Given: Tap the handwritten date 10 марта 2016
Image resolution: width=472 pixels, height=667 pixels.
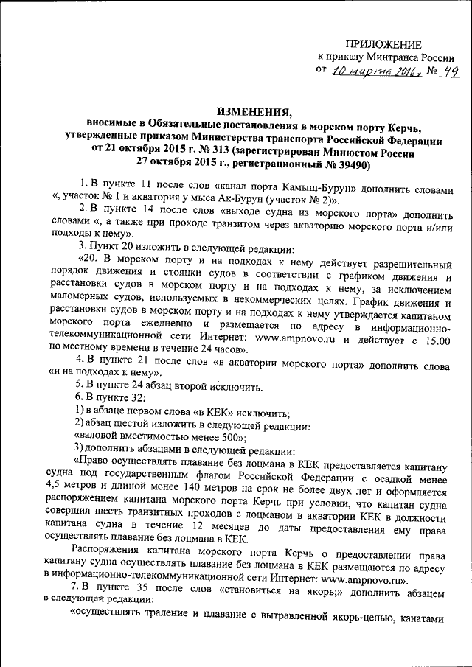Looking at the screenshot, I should coord(367,71).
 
